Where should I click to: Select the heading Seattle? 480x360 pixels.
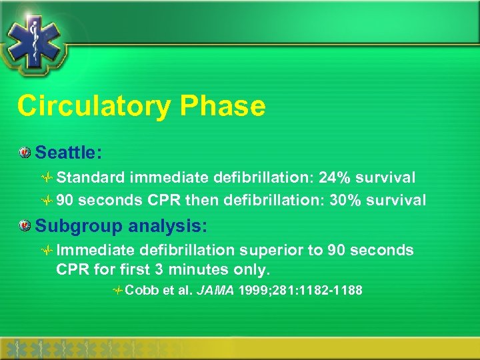(x=68, y=153)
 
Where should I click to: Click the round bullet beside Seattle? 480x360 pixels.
(x=25, y=153)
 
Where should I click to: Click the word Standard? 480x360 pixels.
(x=90, y=178)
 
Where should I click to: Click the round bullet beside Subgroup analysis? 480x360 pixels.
(x=25, y=227)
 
